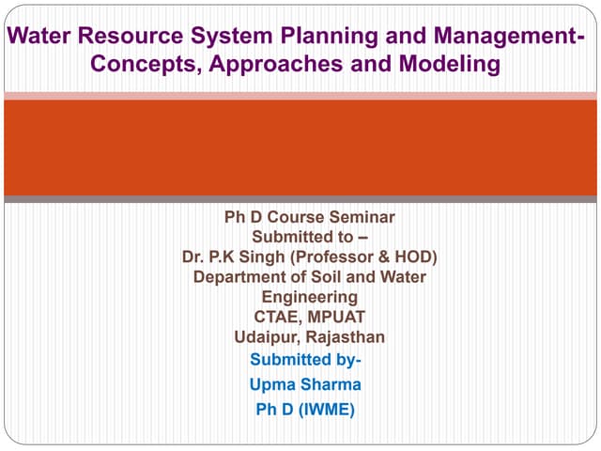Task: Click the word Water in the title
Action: [38, 37]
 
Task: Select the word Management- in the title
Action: [508, 37]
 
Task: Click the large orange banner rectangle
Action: [300, 147]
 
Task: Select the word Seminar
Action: [365, 217]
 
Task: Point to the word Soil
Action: [316, 276]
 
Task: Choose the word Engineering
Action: [309, 297]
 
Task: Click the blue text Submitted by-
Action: [305, 360]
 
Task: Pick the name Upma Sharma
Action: [305, 384]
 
